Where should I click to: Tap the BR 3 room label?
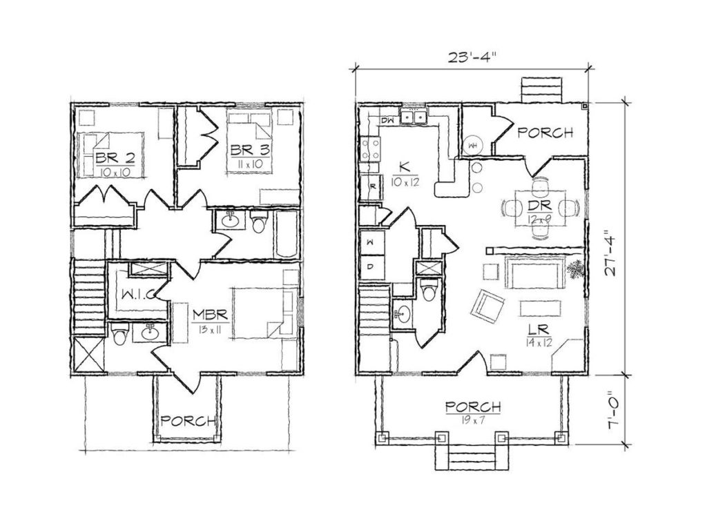point(250,150)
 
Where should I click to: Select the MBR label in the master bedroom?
point(211,314)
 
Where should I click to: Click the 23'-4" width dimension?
point(471,57)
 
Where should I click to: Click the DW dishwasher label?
point(388,120)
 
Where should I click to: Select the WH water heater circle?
point(473,145)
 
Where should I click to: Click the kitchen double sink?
point(415,117)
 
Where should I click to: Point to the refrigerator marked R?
point(372,186)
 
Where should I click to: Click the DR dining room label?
point(539,206)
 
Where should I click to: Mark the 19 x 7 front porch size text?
point(473,421)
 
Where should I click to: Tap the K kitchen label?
point(405,167)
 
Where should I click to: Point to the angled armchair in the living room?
point(487,306)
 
